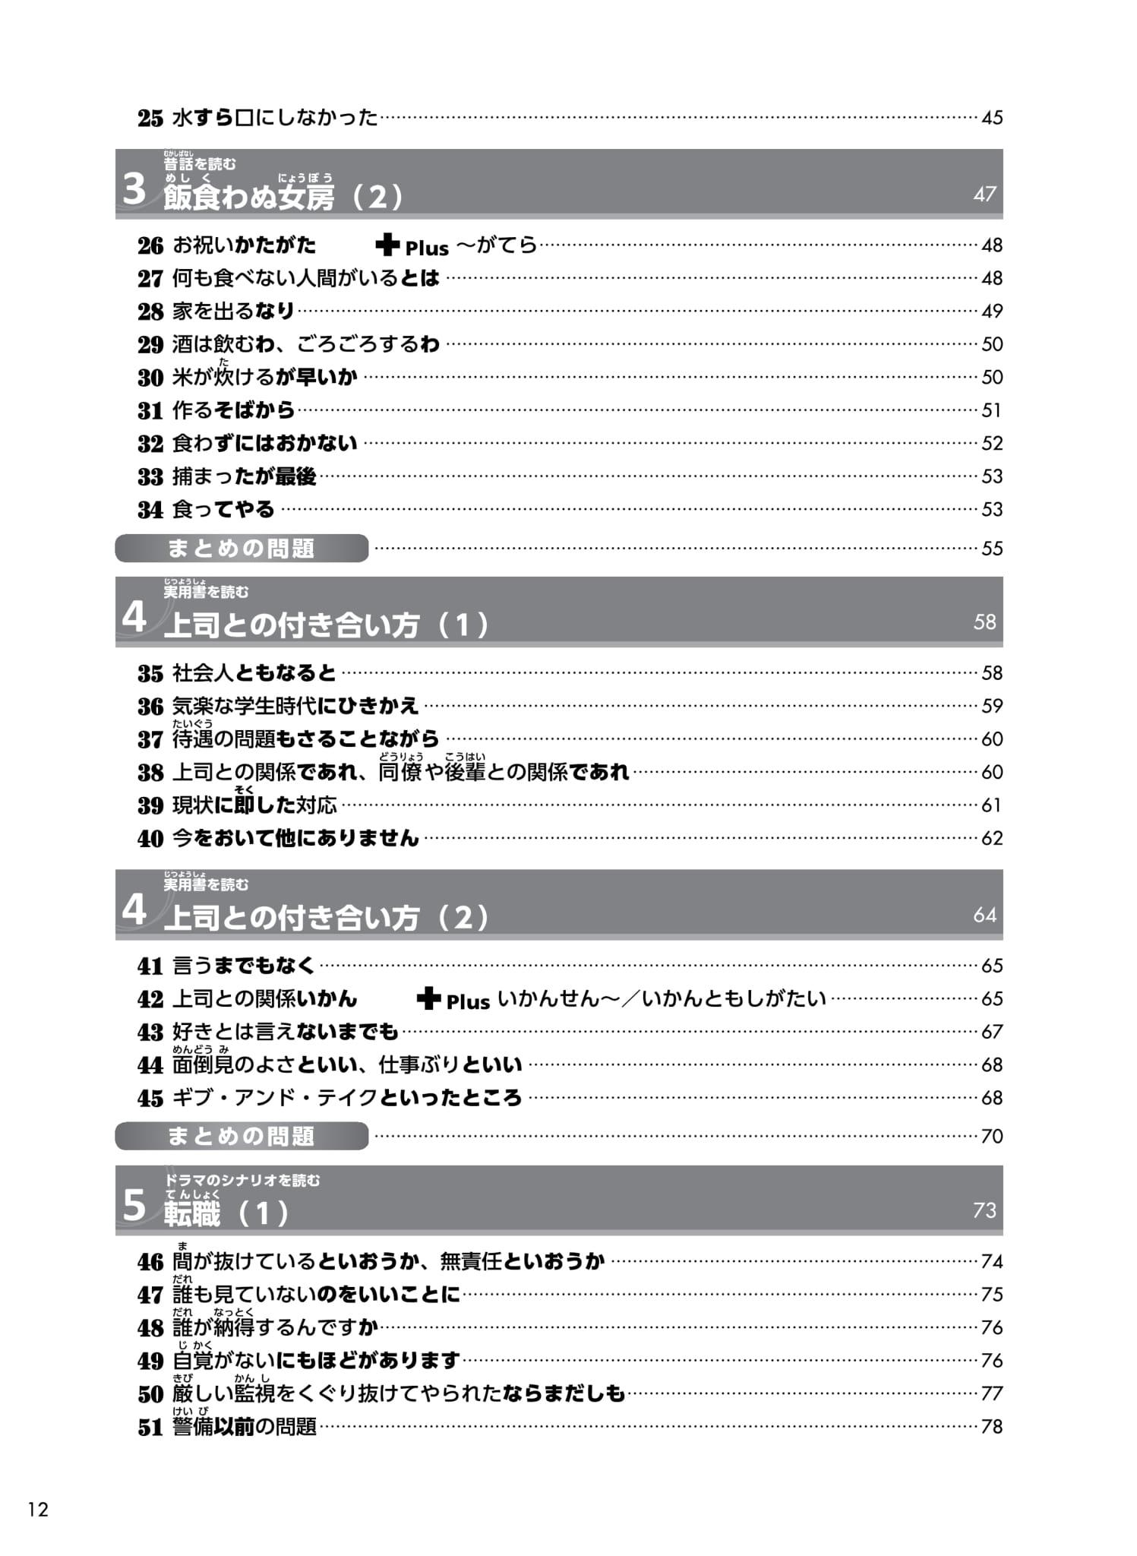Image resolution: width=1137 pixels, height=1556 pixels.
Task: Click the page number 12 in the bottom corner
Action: [x=38, y=1509]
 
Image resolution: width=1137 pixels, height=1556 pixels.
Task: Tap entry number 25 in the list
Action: [x=150, y=118]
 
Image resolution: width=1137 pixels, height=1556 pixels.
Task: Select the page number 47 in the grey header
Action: [x=984, y=194]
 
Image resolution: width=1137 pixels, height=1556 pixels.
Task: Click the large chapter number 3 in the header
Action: [x=134, y=188]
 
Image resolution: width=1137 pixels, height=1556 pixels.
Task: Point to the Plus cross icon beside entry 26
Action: [x=387, y=245]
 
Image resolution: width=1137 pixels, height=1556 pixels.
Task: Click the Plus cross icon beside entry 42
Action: [x=428, y=998]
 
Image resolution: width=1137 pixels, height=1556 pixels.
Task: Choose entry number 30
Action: [x=150, y=378]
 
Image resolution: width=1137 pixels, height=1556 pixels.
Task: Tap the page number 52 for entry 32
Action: [x=991, y=443]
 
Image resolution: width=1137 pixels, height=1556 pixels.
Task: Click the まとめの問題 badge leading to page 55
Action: [x=242, y=548]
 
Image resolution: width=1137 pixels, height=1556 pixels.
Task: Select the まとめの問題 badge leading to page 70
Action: [x=242, y=1136]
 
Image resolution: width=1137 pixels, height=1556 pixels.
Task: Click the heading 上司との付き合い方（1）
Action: [x=327, y=625]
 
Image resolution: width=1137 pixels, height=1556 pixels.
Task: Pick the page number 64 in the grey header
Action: [x=984, y=915]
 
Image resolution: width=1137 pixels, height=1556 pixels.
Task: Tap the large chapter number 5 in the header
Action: [x=134, y=1205]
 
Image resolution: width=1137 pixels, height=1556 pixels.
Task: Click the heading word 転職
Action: [x=192, y=1213]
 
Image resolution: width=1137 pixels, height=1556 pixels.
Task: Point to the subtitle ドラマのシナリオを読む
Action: [x=242, y=1180]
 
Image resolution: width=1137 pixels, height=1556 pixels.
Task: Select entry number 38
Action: [x=150, y=773]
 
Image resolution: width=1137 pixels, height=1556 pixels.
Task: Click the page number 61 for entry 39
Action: [x=991, y=805]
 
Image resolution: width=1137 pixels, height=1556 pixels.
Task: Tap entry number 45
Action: [x=150, y=1098]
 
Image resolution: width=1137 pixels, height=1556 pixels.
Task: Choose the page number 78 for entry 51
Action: [x=991, y=1426]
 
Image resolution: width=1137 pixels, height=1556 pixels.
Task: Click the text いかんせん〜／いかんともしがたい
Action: [x=661, y=998]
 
